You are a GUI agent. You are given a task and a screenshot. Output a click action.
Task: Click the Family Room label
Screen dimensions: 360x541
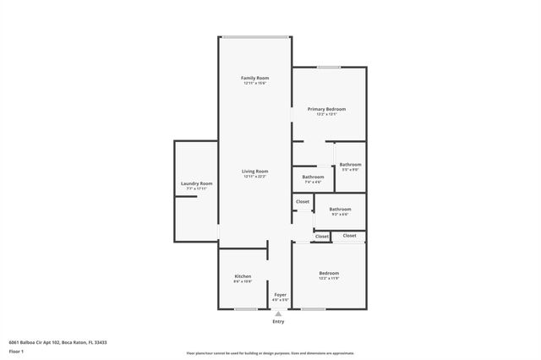(x=254, y=78)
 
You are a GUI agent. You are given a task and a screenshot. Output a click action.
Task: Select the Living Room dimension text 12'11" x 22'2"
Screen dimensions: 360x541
(x=254, y=177)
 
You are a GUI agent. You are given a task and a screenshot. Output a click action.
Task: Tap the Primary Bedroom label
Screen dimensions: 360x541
(x=326, y=109)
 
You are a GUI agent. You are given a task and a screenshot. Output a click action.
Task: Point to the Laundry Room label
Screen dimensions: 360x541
(x=196, y=183)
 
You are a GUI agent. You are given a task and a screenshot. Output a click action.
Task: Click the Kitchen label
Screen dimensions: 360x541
(x=243, y=276)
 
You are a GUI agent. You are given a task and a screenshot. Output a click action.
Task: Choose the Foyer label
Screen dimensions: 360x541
(x=280, y=294)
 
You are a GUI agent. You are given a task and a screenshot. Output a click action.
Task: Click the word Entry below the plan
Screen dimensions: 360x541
(x=278, y=321)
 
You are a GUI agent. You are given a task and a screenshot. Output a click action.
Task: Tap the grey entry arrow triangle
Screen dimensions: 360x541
(x=278, y=314)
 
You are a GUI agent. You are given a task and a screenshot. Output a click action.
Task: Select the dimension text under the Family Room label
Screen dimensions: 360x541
(x=254, y=84)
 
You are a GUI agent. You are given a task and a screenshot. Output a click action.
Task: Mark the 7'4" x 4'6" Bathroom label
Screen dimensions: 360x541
(x=312, y=177)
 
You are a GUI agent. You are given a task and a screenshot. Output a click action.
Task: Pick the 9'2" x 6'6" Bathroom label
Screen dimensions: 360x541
(x=340, y=209)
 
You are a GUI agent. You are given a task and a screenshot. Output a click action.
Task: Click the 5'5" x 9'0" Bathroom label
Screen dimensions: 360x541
(x=350, y=164)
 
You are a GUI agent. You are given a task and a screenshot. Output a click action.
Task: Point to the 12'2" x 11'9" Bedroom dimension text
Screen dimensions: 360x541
(x=329, y=279)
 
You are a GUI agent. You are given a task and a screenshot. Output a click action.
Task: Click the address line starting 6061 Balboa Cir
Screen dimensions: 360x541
(x=58, y=342)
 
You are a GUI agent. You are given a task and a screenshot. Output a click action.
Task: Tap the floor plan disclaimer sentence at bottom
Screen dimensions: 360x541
(x=270, y=354)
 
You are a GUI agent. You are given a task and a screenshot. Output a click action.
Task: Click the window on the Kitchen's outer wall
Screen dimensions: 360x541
(x=246, y=309)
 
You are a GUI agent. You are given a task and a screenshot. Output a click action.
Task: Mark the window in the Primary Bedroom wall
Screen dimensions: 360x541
(x=329, y=68)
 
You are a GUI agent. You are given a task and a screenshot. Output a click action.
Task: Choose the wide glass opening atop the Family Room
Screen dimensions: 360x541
(x=254, y=36)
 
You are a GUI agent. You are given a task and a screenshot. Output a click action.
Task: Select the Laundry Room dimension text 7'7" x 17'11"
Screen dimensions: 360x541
(x=196, y=189)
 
